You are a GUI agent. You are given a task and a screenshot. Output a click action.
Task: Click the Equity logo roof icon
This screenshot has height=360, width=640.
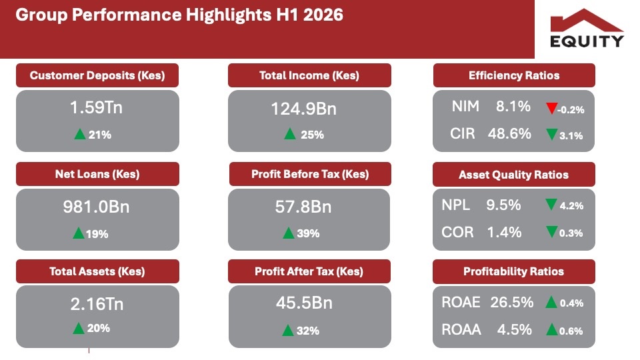pyautogui.click(x=587, y=21)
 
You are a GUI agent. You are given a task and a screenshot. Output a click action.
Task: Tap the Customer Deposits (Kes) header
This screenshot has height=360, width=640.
pyautogui.click(x=97, y=75)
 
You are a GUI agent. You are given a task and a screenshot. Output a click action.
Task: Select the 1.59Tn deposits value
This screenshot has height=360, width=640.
pyautogui.click(x=96, y=107)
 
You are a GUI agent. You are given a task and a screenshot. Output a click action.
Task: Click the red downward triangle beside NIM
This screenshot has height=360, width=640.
pyautogui.click(x=551, y=108)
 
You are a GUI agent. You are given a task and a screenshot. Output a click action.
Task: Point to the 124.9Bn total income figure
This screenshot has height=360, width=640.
pyautogui.click(x=304, y=109)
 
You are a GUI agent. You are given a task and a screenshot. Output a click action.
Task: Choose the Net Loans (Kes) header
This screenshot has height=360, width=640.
pyautogui.click(x=97, y=174)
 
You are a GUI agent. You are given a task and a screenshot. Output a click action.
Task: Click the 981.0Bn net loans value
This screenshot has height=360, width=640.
pyautogui.click(x=96, y=207)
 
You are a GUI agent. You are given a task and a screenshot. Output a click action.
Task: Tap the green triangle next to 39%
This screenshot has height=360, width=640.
pyautogui.click(x=289, y=233)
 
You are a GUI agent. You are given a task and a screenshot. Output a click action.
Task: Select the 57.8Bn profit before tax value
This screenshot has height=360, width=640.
pyautogui.click(x=303, y=207)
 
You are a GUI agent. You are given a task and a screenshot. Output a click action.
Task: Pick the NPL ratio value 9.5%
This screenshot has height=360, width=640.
pyautogui.click(x=503, y=205)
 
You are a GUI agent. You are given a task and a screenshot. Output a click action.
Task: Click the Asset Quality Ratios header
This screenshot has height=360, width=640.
pyautogui.click(x=514, y=175)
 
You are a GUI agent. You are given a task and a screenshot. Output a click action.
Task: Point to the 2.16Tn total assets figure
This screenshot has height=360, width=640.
pyautogui.click(x=97, y=304)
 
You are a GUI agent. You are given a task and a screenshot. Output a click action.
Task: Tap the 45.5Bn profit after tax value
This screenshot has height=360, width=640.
pyautogui.click(x=304, y=303)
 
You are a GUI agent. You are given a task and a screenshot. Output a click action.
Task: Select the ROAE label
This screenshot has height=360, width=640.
pyautogui.click(x=461, y=303)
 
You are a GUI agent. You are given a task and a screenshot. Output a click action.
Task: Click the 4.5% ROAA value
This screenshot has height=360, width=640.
pyautogui.click(x=514, y=329)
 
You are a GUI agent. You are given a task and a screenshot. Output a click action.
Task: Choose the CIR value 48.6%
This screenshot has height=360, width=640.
pyautogui.click(x=509, y=133)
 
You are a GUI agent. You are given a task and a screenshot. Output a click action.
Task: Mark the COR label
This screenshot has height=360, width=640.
pyautogui.click(x=457, y=232)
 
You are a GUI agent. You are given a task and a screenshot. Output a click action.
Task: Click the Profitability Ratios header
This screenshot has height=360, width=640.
pyautogui.click(x=514, y=271)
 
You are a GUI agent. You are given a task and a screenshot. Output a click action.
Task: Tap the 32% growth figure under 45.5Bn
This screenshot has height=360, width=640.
pyautogui.click(x=308, y=331)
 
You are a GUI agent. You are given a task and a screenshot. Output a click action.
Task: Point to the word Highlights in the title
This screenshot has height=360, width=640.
pyautogui.click(x=229, y=15)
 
